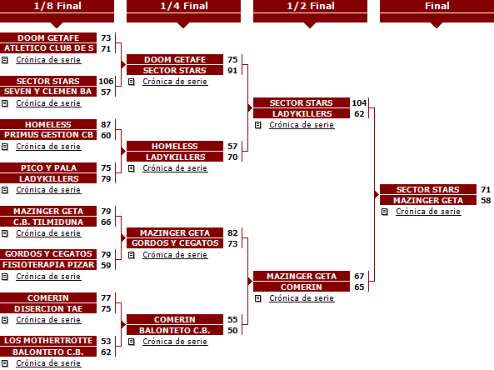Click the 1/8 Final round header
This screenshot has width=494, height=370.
click(57, 6)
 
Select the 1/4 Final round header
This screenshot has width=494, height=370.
click(183, 6)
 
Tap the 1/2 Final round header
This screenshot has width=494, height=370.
click(311, 6)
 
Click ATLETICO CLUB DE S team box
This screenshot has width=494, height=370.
click(48, 48)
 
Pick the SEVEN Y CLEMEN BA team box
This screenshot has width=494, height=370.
click(48, 92)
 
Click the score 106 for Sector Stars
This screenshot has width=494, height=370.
click(106, 82)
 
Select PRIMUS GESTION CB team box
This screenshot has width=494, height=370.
click(48, 135)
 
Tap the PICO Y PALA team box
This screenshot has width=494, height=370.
click(48, 167)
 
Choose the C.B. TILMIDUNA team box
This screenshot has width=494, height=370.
click(48, 222)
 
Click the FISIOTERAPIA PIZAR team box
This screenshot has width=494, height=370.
click(48, 265)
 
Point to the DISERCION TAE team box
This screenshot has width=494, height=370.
click(48, 308)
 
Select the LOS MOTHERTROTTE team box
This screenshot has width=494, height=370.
click(48, 341)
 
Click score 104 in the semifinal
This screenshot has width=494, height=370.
click(359, 102)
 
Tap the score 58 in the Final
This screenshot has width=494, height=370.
click(486, 201)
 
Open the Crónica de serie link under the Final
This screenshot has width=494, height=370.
click(428, 212)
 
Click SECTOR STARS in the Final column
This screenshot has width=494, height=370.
click(428, 189)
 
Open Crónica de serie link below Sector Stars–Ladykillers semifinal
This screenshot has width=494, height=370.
click(302, 125)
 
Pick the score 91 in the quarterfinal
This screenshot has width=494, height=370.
click(232, 70)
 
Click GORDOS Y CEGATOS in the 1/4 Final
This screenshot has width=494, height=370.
click(175, 243)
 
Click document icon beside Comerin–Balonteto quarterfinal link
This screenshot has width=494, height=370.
click(132, 342)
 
